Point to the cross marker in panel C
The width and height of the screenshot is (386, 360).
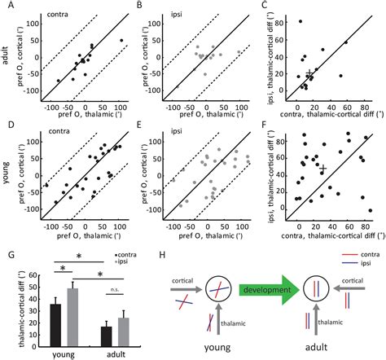click(308, 75)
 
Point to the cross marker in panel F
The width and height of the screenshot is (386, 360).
click(323, 169)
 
